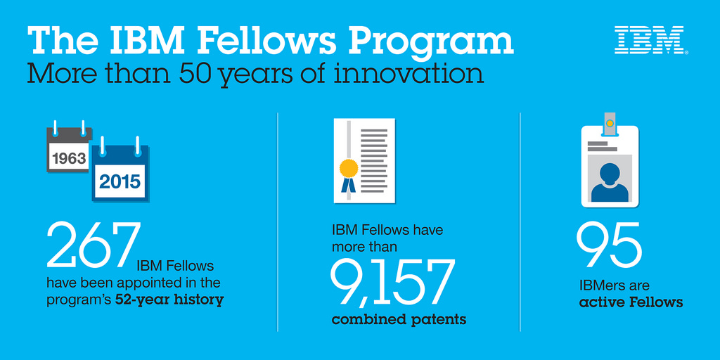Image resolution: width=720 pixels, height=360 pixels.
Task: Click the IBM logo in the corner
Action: (x=651, y=40)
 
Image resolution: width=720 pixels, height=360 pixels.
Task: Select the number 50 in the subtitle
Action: (x=196, y=73)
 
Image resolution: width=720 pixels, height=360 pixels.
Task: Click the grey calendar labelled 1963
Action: (x=69, y=149)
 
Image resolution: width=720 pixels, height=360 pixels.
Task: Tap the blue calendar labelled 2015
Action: (x=120, y=172)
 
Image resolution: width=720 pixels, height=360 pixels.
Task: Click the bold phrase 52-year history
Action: (x=169, y=300)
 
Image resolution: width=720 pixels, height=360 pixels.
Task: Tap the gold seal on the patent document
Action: (x=349, y=168)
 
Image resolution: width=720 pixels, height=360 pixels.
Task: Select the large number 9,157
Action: (x=392, y=284)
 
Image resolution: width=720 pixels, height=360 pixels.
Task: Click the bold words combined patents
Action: (x=399, y=320)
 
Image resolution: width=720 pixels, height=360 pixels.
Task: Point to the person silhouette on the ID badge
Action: (x=610, y=182)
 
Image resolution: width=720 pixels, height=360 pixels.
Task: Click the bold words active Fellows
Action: (x=631, y=302)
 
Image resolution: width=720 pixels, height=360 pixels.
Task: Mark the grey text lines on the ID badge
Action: (x=602, y=146)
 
